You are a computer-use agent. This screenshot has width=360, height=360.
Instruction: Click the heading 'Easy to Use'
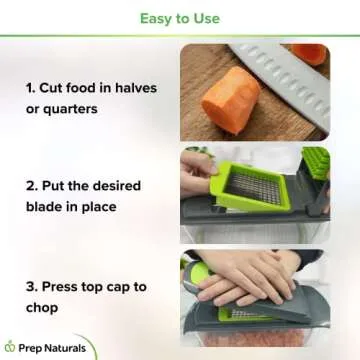[x=180, y=17]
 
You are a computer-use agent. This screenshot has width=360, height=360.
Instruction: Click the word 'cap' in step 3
[x=136, y=286]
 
